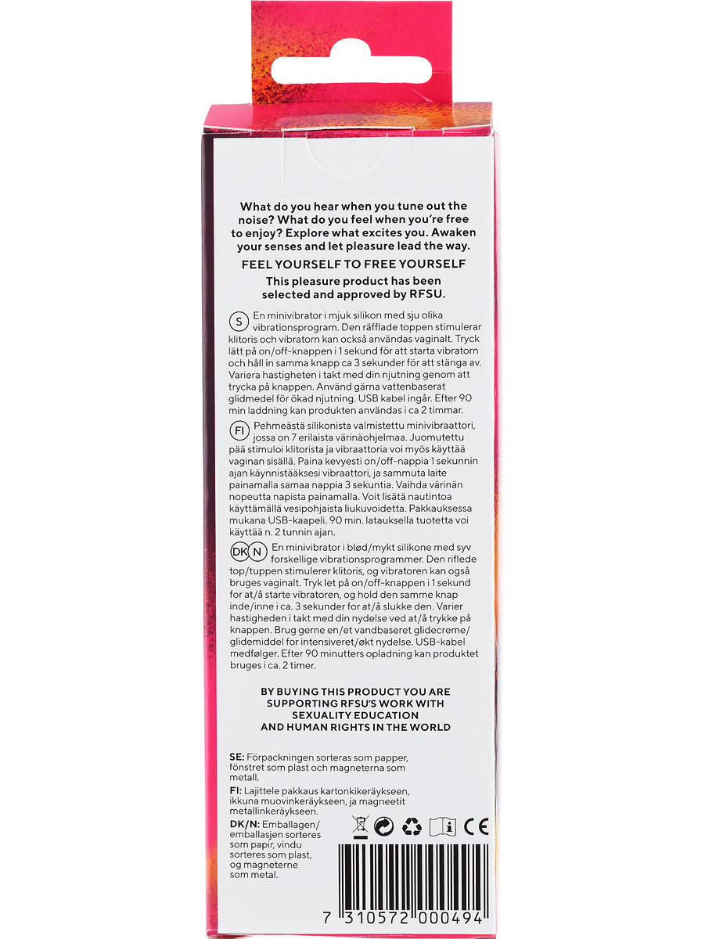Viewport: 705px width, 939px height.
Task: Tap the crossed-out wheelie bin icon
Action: (x=361, y=826)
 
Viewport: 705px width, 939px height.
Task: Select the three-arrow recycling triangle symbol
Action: (x=412, y=826)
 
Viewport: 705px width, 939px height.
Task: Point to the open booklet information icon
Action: (x=443, y=826)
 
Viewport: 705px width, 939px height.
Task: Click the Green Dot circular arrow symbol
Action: (x=384, y=826)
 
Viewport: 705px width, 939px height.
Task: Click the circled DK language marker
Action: (x=238, y=551)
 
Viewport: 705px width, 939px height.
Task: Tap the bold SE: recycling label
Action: (x=236, y=758)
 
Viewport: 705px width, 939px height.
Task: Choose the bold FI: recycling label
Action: (x=236, y=792)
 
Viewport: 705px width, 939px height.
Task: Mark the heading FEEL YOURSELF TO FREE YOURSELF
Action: (x=354, y=264)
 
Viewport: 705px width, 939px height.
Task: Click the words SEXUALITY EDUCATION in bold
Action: (x=355, y=715)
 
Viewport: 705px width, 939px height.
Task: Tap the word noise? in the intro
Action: (x=259, y=220)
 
